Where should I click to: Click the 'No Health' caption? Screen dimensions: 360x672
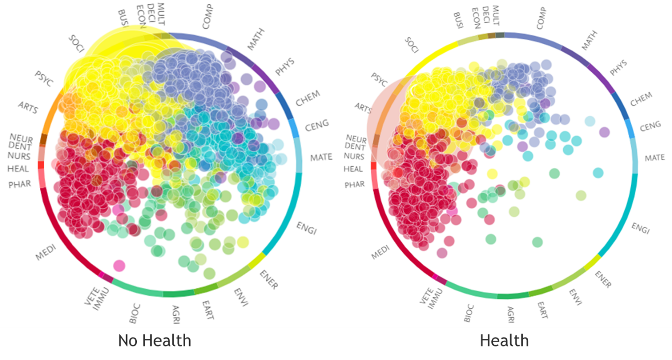coord(154,340)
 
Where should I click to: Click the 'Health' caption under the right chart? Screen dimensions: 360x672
coord(504,340)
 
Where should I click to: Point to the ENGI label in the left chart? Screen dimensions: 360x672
coord(306,228)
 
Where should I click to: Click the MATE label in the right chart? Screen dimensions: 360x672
coord(655,158)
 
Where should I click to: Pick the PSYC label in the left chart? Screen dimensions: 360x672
coord(44,79)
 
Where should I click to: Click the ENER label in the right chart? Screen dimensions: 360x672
coord(603,279)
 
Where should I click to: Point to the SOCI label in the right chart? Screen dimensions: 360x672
coord(412,45)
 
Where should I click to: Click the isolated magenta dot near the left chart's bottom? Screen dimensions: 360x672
coord(119,266)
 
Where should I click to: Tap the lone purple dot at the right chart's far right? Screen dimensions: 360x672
coord(604,132)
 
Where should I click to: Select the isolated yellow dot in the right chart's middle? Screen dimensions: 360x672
coord(492,174)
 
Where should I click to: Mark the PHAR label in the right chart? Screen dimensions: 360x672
coord(354,185)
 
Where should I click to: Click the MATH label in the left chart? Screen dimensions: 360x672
coord(256,39)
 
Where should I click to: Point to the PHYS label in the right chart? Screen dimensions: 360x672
coord(618,67)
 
